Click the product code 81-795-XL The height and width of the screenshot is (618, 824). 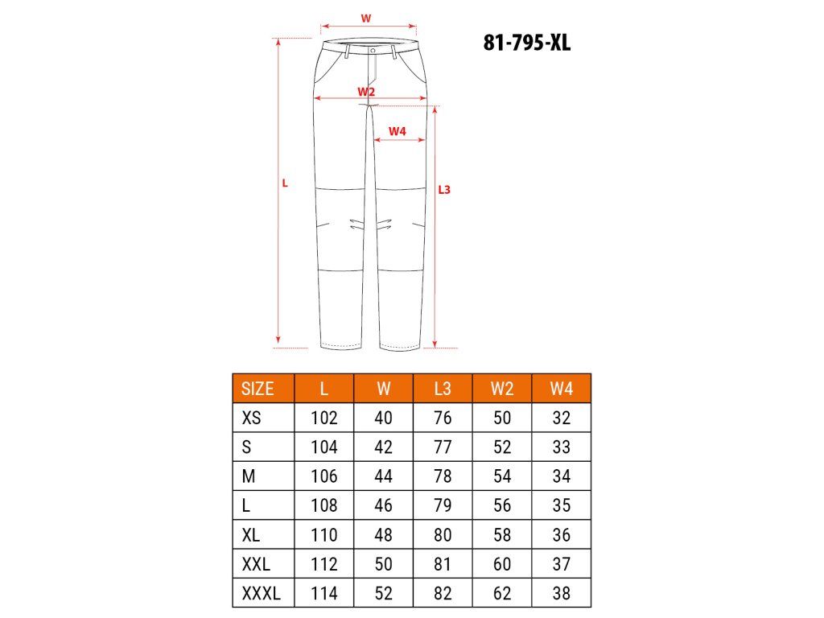526,43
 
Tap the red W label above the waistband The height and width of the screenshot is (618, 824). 366,19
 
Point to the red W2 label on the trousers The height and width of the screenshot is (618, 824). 366,92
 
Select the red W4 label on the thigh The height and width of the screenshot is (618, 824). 398,131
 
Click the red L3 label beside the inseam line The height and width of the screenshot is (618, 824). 444,190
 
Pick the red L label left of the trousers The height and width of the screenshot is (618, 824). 285,183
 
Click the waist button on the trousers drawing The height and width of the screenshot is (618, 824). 373,51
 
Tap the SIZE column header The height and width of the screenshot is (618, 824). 257,389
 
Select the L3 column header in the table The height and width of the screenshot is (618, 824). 443,389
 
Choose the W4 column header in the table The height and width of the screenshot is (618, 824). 561,389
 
